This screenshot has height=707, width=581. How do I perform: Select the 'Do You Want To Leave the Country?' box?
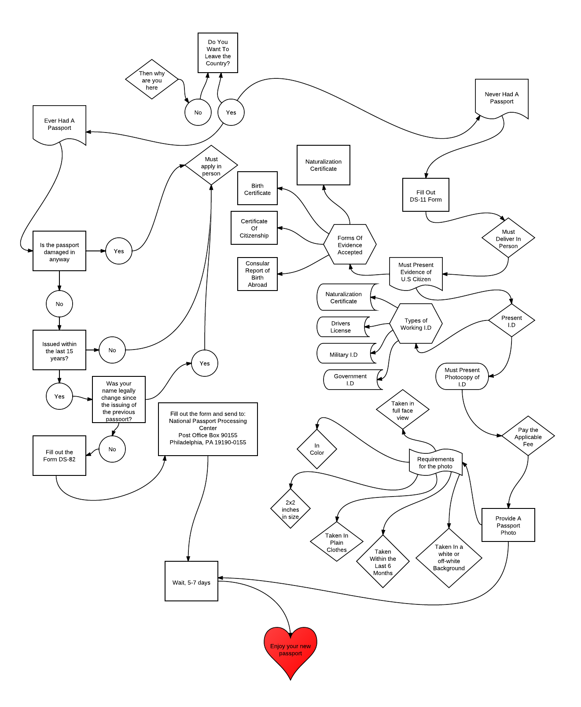[218, 53]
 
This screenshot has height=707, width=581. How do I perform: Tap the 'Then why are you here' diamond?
[152, 80]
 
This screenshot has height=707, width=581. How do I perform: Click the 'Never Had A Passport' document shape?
[502, 98]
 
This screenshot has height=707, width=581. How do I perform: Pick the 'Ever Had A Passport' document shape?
[59, 124]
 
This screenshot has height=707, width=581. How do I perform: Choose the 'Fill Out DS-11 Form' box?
[426, 195]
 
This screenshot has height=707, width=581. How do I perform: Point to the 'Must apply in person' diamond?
[211, 166]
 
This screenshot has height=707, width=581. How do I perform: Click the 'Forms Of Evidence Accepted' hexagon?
[350, 245]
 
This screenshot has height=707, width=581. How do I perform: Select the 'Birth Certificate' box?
[257, 188]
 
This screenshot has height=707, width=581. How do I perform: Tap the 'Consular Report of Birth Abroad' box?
[257, 274]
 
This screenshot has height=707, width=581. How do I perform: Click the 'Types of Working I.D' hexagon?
[416, 324]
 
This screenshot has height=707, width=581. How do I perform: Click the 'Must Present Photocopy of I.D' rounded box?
[462, 377]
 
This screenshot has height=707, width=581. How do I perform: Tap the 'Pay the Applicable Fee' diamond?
[528, 436]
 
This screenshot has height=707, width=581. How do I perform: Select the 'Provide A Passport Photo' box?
[508, 525]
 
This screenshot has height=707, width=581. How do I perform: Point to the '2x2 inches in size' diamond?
[290, 509]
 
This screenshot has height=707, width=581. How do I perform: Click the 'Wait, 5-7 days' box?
[191, 581]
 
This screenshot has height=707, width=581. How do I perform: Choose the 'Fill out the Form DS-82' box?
[59, 456]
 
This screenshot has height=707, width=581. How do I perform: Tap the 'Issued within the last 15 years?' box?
[59, 350]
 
